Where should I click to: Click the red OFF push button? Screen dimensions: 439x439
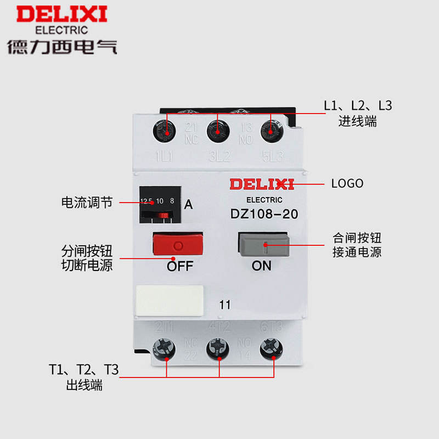(x=177, y=244)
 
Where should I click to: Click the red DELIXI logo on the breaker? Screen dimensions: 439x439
(x=262, y=184)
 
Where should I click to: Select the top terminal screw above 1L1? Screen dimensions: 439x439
(x=165, y=131)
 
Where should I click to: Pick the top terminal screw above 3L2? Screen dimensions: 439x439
(x=218, y=131)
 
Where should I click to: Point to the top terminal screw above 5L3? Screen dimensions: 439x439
(x=269, y=131)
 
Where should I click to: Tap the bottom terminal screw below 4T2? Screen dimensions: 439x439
(x=219, y=348)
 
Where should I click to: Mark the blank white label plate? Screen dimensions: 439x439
(x=169, y=300)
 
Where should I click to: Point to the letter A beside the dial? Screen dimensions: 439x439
(x=188, y=205)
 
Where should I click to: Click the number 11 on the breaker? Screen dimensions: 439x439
(x=224, y=305)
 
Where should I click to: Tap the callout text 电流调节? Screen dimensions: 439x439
(x=87, y=202)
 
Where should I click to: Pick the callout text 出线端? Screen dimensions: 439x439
(x=83, y=385)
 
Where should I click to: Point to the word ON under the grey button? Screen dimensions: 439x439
(x=261, y=266)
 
